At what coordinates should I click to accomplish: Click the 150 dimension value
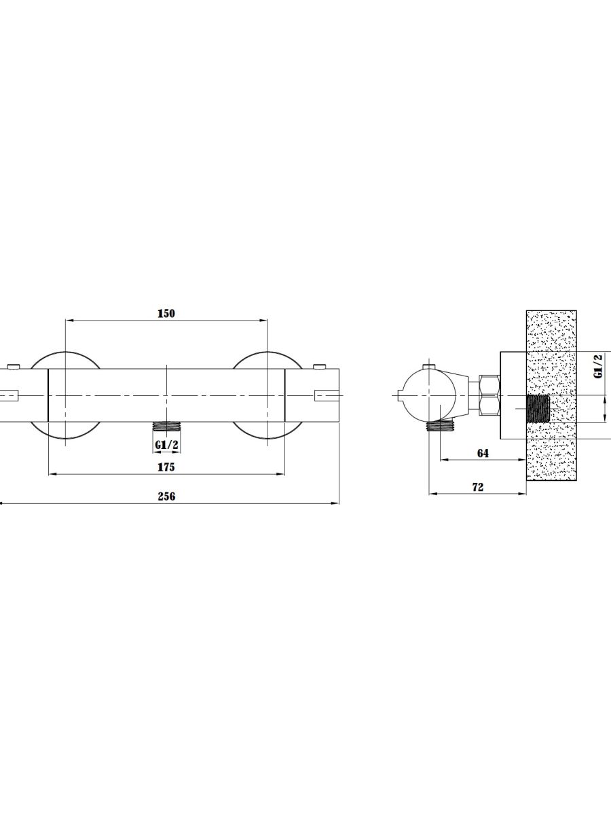166,314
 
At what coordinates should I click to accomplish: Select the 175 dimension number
166,467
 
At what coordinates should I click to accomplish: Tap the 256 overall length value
166,496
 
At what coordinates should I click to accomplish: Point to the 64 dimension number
483,453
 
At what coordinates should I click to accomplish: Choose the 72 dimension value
478,487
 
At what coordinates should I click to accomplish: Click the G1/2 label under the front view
166,445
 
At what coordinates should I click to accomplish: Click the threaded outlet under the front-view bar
166,426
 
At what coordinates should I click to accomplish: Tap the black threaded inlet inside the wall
538,409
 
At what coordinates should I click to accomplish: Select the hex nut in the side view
489,395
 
